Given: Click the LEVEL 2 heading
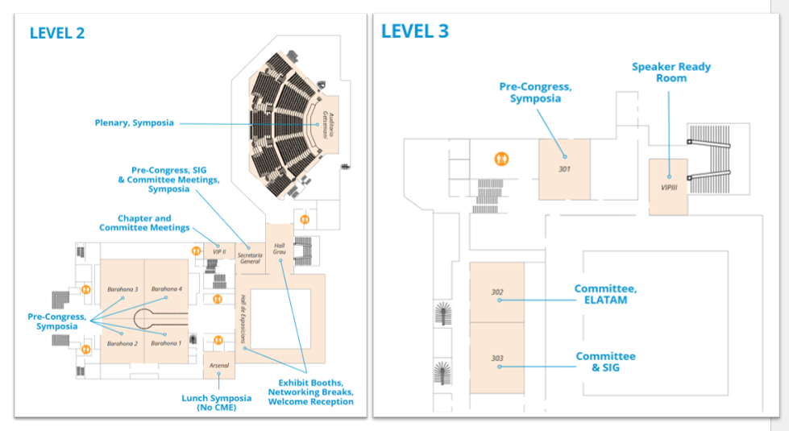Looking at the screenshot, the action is pyautogui.click(x=57, y=33).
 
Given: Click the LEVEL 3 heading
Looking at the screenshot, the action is pyautogui.click(x=414, y=31).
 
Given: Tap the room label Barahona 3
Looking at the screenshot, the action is pyautogui.click(x=123, y=289).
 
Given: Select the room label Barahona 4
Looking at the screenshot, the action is pyautogui.click(x=167, y=288).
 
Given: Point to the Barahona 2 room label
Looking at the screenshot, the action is pyautogui.click(x=123, y=343).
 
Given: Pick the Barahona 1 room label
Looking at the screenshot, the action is pyautogui.click(x=166, y=343).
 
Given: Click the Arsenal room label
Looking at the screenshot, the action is pyautogui.click(x=219, y=366).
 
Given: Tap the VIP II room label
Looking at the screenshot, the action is pyautogui.click(x=219, y=252).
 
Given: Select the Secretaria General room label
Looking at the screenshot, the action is pyautogui.click(x=250, y=259).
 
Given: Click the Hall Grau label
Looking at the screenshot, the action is pyautogui.click(x=280, y=249).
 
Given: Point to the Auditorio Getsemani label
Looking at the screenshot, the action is pyautogui.click(x=329, y=124).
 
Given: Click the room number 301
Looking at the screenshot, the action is pyautogui.click(x=564, y=169).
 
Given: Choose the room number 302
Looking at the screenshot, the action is pyautogui.click(x=497, y=292).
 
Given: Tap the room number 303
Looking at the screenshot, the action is pyautogui.click(x=497, y=358).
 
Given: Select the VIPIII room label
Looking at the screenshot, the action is pyautogui.click(x=669, y=188).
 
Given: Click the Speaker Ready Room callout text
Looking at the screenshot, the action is pyautogui.click(x=671, y=73).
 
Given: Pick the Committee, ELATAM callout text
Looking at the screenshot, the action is pyautogui.click(x=606, y=294).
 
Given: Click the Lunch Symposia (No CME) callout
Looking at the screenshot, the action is pyautogui.click(x=216, y=402).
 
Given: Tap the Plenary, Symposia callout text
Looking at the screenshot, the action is pyautogui.click(x=135, y=122).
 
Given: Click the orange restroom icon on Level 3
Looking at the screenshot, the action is pyautogui.click(x=501, y=159).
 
